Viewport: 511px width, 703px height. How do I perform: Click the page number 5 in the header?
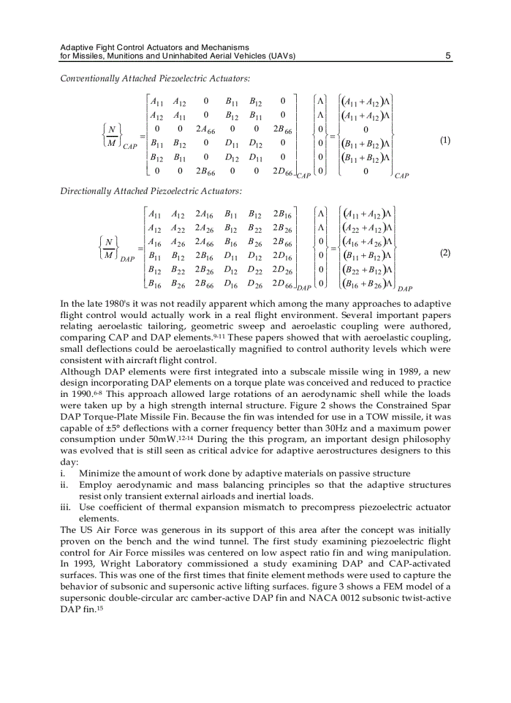tap(448, 56)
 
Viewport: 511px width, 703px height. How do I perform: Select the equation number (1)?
tap(445, 140)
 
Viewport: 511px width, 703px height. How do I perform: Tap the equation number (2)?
tap(445, 253)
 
